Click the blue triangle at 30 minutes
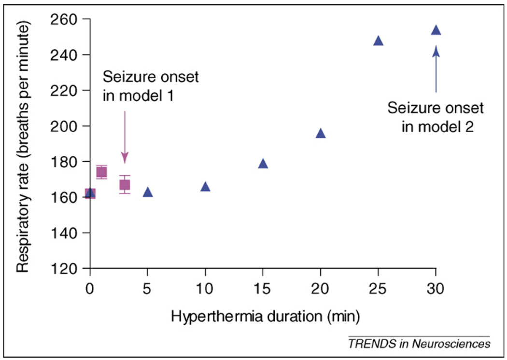(x=436, y=30)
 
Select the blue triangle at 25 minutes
(x=378, y=41)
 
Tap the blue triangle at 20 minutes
(x=321, y=134)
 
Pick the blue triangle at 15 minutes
(x=263, y=164)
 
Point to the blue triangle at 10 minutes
(x=205, y=186)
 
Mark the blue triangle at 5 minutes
(x=148, y=193)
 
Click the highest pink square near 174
(x=101, y=172)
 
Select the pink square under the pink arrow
(x=125, y=184)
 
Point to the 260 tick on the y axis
(x=68, y=19)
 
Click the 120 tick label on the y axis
(x=68, y=268)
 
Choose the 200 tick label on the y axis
(x=68, y=126)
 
